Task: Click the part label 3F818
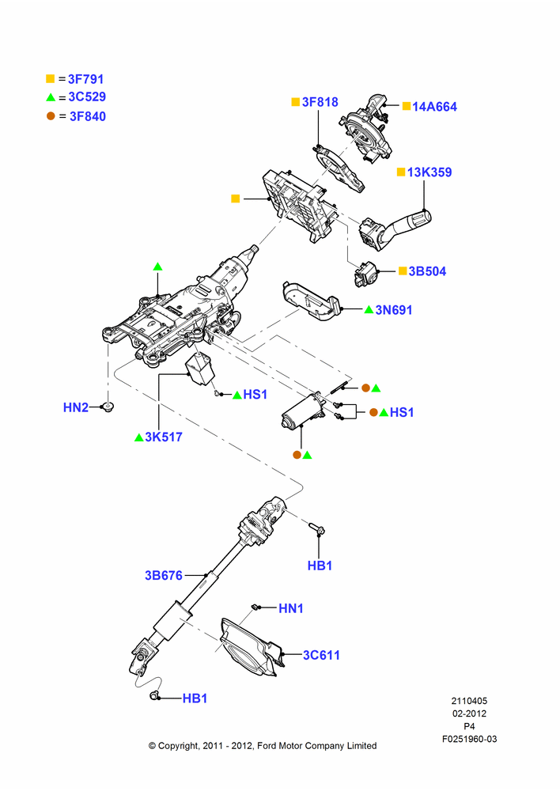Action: click(x=320, y=102)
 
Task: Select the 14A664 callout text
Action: click(x=434, y=107)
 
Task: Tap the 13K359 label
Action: click(x=429, y=172)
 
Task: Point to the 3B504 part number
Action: click(x=427, y=271)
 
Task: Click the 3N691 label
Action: click(x=394, y=310)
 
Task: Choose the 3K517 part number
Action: click(x=164, y=437)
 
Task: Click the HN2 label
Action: click(x=76, y=407)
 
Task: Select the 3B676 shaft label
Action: click(x=164, y=575)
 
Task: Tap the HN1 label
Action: click(x=291, y=608)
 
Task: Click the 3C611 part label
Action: click(x=321, y=655)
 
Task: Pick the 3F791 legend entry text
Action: click(x=85, y=79)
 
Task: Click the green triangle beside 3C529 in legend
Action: click(x=51, y=97)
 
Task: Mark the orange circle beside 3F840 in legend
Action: click(x=51, y=116)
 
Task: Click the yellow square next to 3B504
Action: click(x=403, y=271)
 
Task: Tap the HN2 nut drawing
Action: click(x=107, y=406)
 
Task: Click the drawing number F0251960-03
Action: click(x=469, y=739)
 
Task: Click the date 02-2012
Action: click(x=469, y=713)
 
